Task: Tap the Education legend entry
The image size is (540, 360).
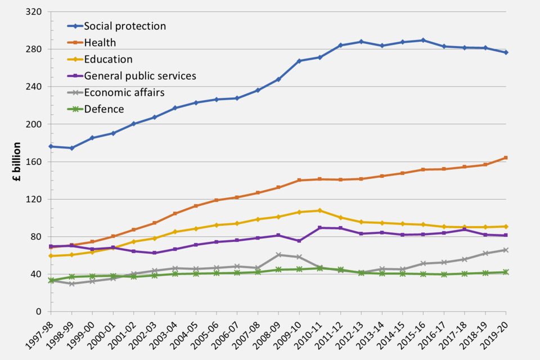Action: click(108, 59)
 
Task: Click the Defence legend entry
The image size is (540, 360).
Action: click(104, 109)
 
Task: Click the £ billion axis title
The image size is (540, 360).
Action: click(17, 161)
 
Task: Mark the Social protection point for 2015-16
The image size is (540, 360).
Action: click(423, 40)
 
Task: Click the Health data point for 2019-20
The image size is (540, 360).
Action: click(506, 157)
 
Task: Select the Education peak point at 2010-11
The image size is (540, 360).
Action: click(319, 210)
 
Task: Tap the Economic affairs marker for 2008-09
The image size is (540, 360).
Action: click(278, 255)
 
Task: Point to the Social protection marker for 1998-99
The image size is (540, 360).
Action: click(71, 148)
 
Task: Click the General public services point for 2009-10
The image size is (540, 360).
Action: click(299, 241)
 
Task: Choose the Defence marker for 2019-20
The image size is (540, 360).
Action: click(506, 272)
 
